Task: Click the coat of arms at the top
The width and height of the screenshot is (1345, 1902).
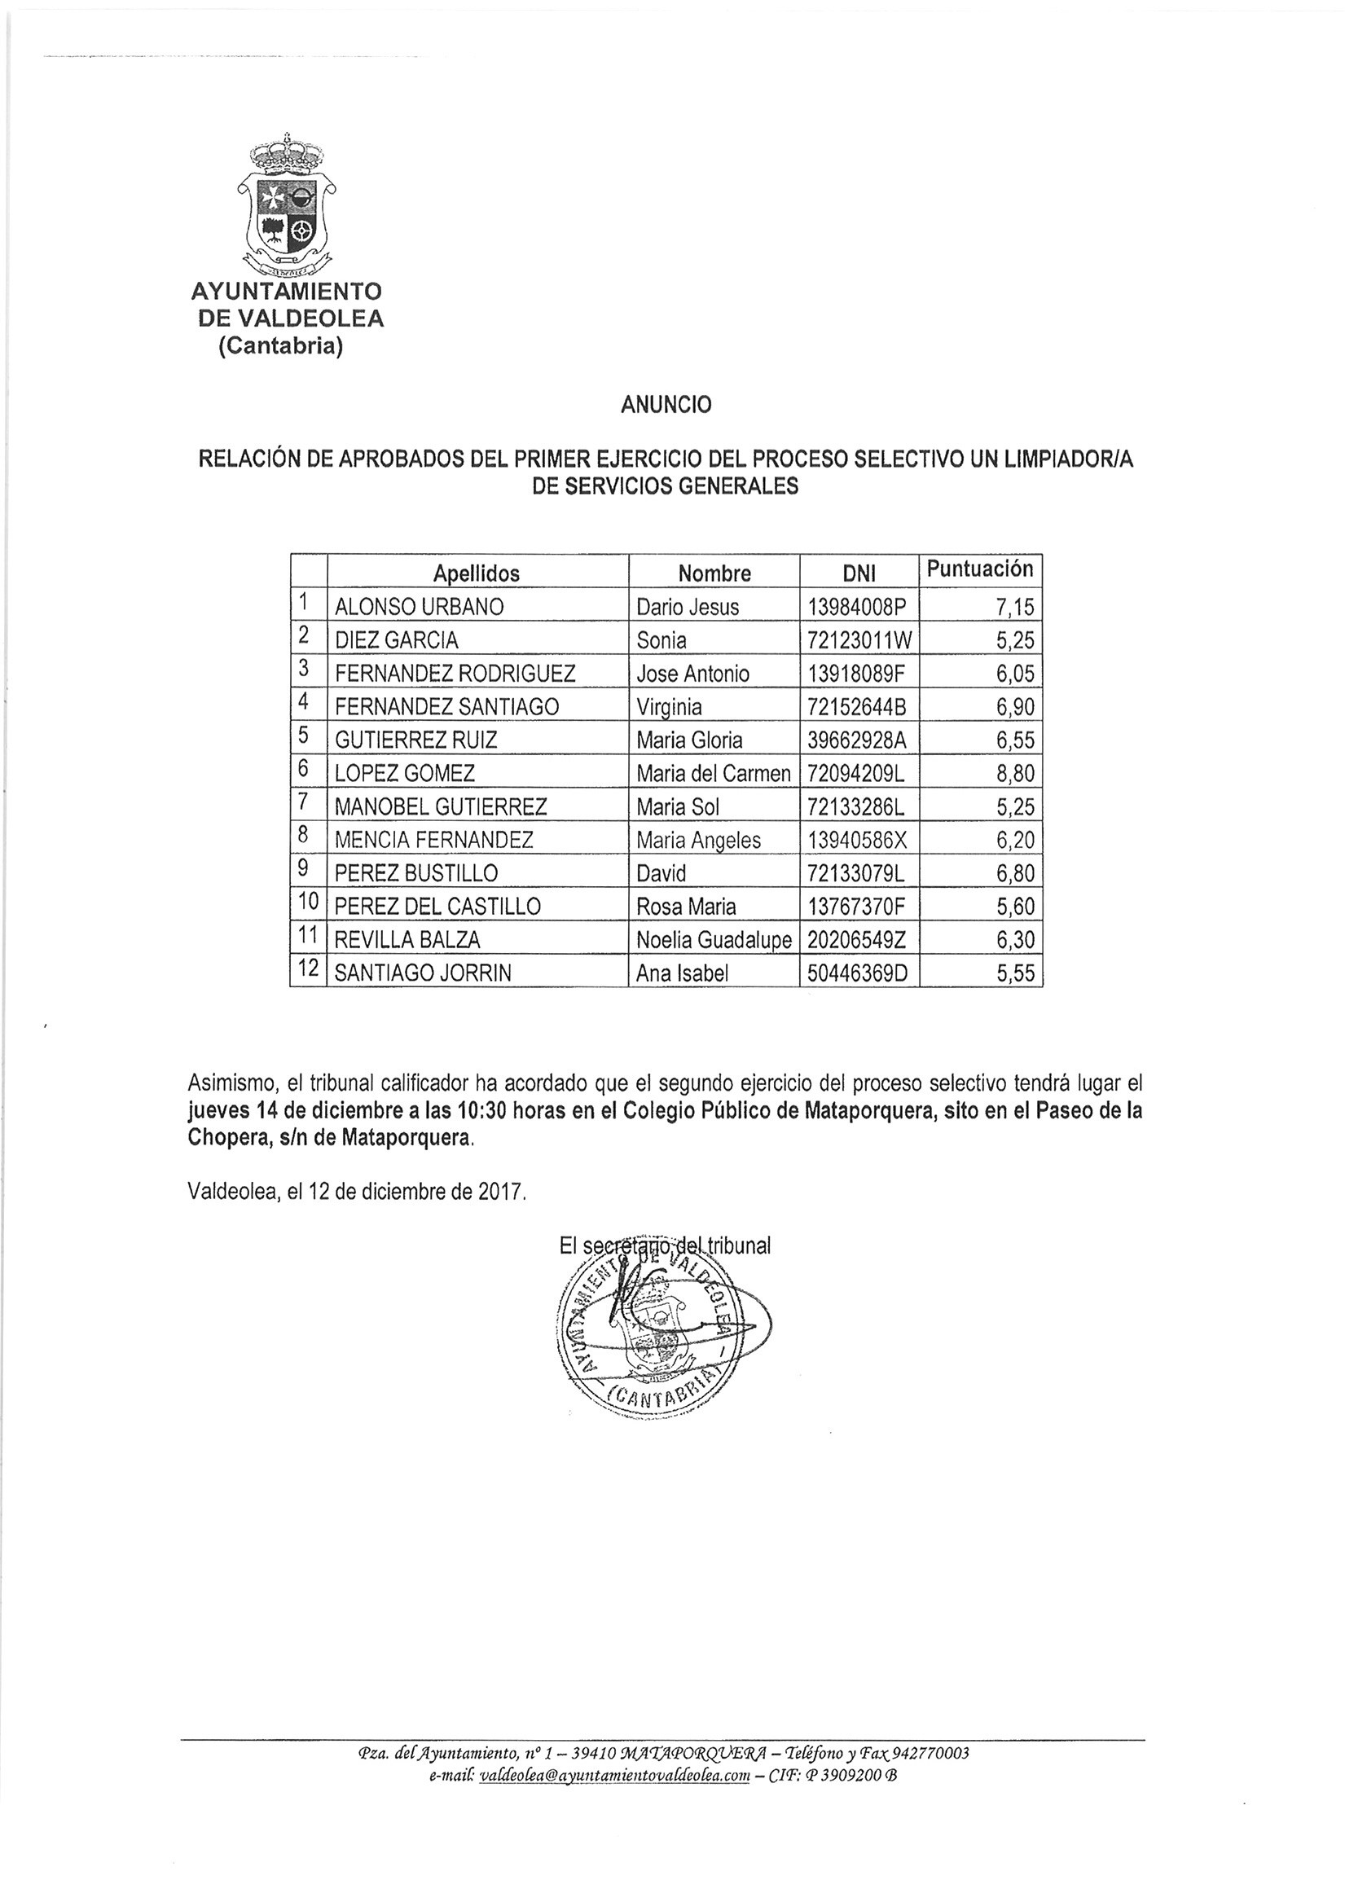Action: pos(286,206)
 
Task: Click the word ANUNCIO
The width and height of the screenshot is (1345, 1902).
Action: pos(666,404)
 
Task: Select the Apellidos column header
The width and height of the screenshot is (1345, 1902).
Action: pos(477,573)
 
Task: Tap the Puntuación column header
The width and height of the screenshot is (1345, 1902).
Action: pos(979,569)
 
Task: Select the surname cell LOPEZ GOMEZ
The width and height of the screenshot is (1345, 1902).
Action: pos(404,774)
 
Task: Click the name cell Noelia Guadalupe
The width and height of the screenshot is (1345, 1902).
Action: pos(714,940)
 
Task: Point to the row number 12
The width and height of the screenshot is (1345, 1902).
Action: pos(308,970)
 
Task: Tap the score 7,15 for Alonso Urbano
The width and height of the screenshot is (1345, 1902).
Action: pos(1016,607)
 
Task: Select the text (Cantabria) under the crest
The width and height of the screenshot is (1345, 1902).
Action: pos(280,346)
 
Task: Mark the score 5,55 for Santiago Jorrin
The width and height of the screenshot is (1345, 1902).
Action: pos(1016,973)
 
